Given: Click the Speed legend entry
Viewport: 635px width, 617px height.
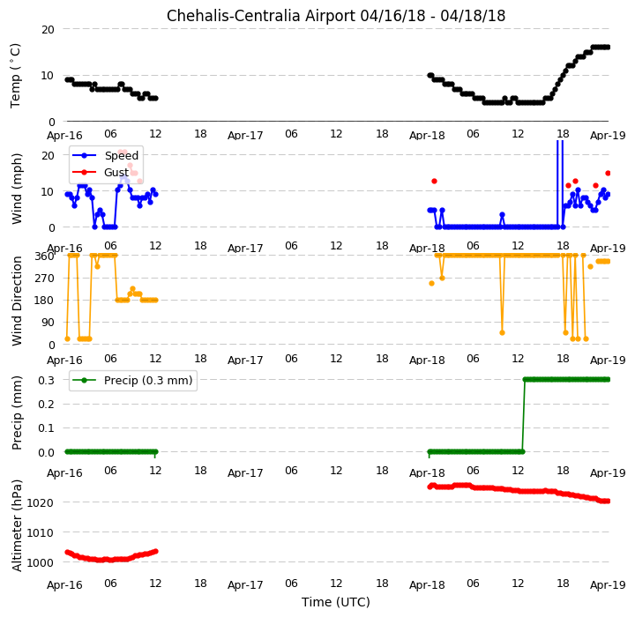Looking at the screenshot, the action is pyautogui.click(x=105, y=155).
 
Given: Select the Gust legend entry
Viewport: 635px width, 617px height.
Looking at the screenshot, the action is pyautogui.click(x=101, y=173).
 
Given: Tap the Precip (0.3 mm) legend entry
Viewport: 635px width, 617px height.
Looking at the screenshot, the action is pyautogui.click(x=132, y=381).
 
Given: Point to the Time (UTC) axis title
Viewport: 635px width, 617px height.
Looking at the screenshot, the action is pyautogui.click(x=336, y=602).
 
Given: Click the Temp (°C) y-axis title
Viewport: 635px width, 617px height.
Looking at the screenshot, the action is pyautogui.click(x=15, y=76).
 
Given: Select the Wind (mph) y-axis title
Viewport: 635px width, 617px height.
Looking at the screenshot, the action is pyautogui.click(x=16, y=189).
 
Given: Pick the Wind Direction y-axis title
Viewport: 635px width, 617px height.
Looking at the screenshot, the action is pyautogui.click(x=16, y=301).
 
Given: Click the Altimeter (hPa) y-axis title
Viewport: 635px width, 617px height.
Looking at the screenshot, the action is pyautogui.click(x=16, y=525).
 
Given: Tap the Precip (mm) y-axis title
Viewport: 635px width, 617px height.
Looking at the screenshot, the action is pyautogui.click(x=16, y=413).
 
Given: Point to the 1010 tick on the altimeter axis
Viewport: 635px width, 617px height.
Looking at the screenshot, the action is pyautogui.click(x=40, y=532).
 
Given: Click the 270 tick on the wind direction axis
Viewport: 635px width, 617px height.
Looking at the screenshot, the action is pyautogui.click(x=46, y=279).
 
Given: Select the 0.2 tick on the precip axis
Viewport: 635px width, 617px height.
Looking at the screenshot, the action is pyautogui.click(x=46, y=404).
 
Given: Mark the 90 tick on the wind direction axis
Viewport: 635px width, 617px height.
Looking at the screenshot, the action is pyautogui.click(x=49, y=323).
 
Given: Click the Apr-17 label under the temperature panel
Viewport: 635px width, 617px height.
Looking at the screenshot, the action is pyautogui.click(x=245, y=135).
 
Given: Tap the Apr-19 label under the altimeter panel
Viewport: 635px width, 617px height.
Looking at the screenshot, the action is pyautogui.click(x=608, y=585).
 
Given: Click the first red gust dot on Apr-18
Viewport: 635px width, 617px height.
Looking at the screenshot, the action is pyautogui.click(x=434, y=181).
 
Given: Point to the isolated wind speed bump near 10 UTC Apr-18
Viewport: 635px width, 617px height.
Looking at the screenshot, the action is pyautogui.click(x=502, y=214).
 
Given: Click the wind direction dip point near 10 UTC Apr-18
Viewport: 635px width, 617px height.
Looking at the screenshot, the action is pyautogui.click(x=502, y=333).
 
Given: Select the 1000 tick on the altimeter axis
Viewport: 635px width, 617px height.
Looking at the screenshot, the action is pyautogui.click(x=40, y=562).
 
